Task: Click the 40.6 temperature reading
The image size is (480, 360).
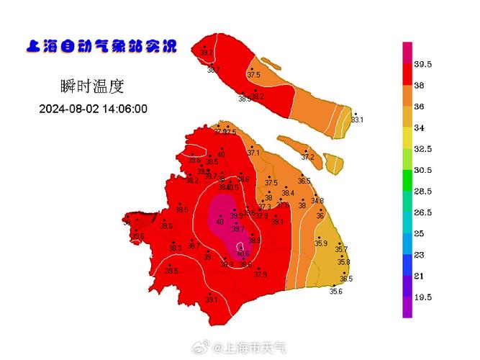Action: click(243, 253)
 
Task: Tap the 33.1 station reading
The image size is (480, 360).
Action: click(357, 120)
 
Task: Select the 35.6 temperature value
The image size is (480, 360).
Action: click(335, 291)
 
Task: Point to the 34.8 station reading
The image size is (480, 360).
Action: click(317, 201)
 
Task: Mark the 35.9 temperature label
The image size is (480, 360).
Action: click(321, 243)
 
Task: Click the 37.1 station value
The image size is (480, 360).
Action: click(253, 153)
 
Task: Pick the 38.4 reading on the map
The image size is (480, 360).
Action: click(288, 193)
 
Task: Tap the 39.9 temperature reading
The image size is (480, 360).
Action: click(236, 215)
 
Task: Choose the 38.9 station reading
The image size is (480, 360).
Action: click(255, 240)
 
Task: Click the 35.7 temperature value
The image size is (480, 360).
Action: click(341, 249)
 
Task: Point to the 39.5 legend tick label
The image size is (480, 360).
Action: click(422, 65)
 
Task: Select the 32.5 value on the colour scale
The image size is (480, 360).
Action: click(422, 149)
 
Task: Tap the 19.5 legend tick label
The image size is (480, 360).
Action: click(422, 297)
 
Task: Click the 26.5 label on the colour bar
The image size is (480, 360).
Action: click(422, 212)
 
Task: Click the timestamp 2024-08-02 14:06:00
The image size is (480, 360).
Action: click(93, 109)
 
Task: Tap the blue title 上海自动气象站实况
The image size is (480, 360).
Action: click(101, 47)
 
